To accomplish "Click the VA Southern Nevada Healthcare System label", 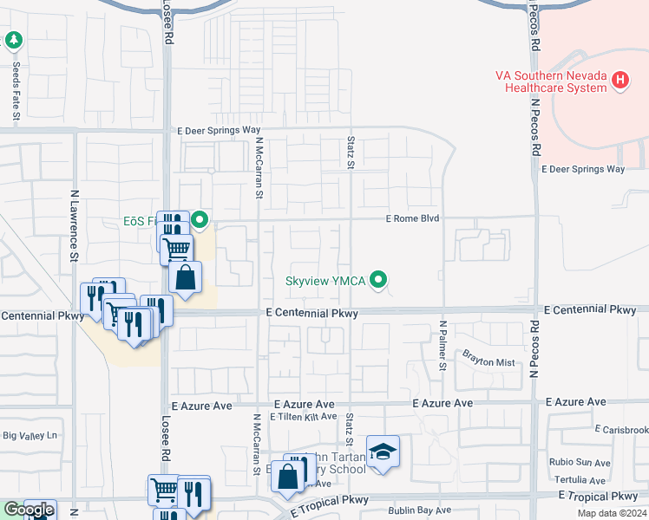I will pyautogui.click(x=551, y=81).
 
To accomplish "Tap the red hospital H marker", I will pyautogui.click(x=619, y=81).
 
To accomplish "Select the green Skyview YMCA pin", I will pyautogui.click(x=377, y=280).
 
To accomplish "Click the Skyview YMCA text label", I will pyautogui.click(x=325, y=281).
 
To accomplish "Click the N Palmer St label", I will pyautogui.click(x=442, y=346).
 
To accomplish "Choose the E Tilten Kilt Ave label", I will pyautogui.click(x=303, y=416).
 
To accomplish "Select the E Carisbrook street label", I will pyautogui.click(x=621, y=430).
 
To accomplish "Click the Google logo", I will pyautogui.click(x=28, y=510).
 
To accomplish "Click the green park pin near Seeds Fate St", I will pyautogui.click(x=13, y=40).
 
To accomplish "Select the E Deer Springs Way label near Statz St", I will pyautogui.click(x=219, y=130).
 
